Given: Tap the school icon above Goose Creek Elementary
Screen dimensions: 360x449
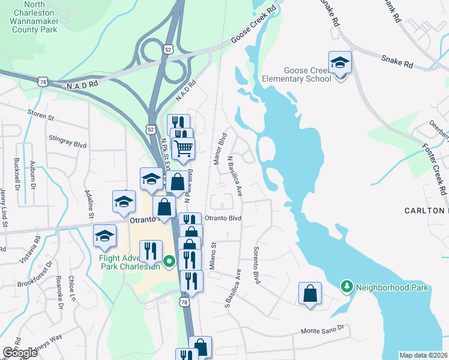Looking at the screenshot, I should [340, 62].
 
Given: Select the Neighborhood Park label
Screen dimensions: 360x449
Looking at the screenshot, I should [392, 287].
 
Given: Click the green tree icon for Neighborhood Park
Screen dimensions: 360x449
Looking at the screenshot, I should [346, 287].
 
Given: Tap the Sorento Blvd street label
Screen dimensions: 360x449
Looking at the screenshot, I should [257, 265].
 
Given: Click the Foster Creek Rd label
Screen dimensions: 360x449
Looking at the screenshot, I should [436, 166].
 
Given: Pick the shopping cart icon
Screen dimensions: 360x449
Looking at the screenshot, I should [183, 147].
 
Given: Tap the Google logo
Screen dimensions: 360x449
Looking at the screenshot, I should [20, 352].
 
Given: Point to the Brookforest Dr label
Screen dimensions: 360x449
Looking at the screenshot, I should [35, 277].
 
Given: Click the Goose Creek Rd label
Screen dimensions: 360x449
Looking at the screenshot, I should [256, 26].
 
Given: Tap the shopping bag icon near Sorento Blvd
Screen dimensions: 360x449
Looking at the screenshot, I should [310, 293].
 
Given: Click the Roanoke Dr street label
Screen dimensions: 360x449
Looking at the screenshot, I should [59, 293].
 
